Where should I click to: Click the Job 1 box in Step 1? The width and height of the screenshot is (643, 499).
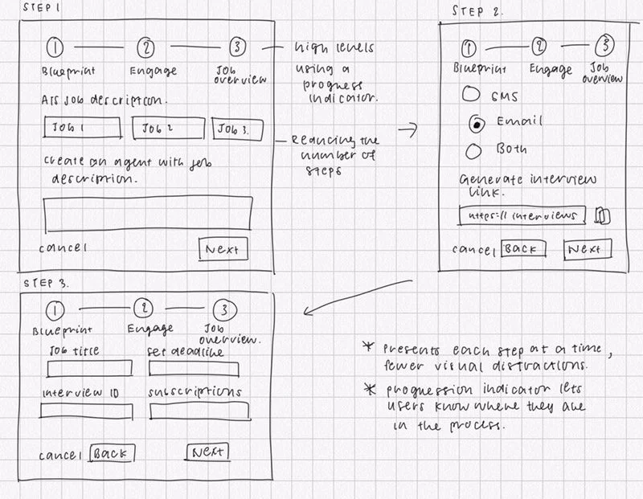(x=82, y=129)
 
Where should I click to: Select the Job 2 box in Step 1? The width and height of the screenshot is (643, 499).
(x=166, y=129)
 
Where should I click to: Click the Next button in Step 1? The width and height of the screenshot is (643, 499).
(x=223, y=249)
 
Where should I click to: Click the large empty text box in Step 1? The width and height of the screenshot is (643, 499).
(x=145, y=213)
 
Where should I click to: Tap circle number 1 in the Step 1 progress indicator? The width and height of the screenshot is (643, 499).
(x=55, y=47)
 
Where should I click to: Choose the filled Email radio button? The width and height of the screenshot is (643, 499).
(x=477, y=124)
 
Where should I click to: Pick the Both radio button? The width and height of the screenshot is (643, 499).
(x=473, y=149)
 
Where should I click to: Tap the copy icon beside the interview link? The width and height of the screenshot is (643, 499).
(x=603, y=215)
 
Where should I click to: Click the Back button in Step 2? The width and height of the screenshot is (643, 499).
(x=523, y=249)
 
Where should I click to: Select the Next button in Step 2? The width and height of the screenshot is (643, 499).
(x=585, y=249)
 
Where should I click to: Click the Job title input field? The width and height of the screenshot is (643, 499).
(x=89, y=368)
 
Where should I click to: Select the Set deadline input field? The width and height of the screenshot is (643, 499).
(x=194, y=369)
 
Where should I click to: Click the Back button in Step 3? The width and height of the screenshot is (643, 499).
(x=112, y=454)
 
